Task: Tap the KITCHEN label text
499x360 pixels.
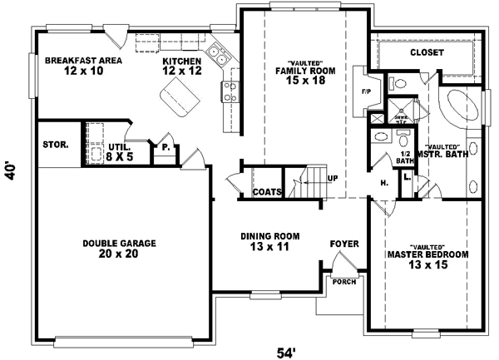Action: point(182,67)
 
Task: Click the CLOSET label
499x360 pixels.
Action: point(427,52)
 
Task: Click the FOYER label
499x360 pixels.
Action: point(344,244)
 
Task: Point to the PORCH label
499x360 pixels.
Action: point(343,280)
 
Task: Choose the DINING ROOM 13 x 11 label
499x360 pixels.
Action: point(270,241)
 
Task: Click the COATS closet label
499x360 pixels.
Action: point(267,192)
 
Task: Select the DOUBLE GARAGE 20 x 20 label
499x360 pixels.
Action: point(119,249)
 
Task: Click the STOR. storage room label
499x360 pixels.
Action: point(56,145)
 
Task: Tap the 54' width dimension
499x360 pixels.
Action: point(285,352)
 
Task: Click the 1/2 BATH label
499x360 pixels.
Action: point(406,157)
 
